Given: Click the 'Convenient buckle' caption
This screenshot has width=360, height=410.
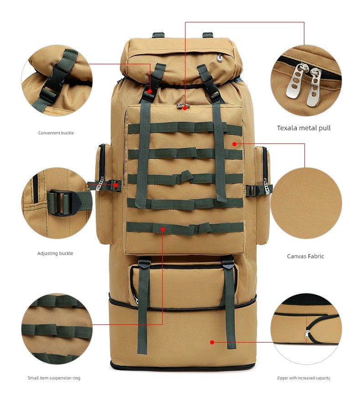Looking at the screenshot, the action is pos(56,133).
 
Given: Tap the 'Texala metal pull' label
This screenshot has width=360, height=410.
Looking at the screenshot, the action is pos(304,128).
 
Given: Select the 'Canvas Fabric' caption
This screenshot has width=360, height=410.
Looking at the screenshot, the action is pos(305,256).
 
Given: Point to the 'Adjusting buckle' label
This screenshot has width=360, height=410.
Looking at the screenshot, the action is pos(55,253).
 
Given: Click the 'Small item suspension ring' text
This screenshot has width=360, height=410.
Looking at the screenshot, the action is pos(54,378).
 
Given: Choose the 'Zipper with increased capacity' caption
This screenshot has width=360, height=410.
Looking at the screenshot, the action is pos(303,378).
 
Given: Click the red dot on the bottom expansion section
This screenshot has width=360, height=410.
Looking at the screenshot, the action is pos(212,342).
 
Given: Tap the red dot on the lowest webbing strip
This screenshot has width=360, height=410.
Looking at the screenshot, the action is pos(163,229).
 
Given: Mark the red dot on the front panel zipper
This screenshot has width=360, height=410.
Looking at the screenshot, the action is pos(185,108).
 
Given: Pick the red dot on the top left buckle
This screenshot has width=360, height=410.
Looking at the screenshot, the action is pos(149,91).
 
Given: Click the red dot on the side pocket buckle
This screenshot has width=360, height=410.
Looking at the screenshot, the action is pos(116,185).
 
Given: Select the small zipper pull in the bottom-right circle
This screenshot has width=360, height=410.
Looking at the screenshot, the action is pos(307,334).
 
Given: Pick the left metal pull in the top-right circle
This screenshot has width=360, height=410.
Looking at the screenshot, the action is pos(295,81).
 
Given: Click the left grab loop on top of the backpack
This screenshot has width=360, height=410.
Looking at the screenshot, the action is pos(159,35).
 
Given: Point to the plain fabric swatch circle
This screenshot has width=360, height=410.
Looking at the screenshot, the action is pos(306,203).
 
